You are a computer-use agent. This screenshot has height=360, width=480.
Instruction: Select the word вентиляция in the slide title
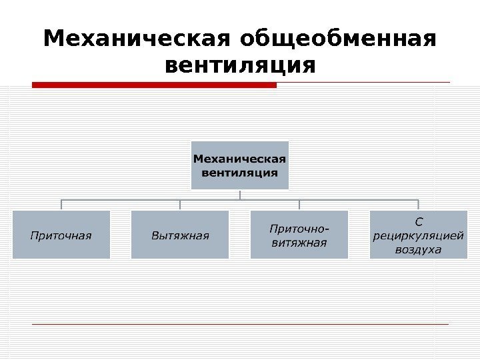[x=239, y=67]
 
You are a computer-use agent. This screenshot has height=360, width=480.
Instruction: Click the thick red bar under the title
[x=154, y=85]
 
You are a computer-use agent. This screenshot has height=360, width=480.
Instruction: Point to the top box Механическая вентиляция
[x=239, y=165]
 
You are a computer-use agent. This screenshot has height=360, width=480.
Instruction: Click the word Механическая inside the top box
[x=239, y=159]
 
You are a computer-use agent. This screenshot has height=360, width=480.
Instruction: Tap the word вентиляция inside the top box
[x=239, y=173]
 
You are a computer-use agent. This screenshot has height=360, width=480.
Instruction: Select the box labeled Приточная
[x=61, y=235]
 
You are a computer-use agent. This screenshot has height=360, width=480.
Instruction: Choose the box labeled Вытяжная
[x=180, y=235]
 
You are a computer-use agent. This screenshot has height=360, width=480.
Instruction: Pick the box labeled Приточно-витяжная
[x=299, y=235]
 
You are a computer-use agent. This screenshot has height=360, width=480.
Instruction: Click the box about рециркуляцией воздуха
[x=418, y=235]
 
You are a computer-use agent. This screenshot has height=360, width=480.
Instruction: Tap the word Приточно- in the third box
[x=299, y=228]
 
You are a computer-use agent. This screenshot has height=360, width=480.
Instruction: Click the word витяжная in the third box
[x=299, y=242]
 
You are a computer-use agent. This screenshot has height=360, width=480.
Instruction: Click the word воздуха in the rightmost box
[x=418, y=249]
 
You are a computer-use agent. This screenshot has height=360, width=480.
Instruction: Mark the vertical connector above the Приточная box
[x=61, y=205]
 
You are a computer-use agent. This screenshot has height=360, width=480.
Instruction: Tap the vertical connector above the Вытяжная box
[x=180, y=205]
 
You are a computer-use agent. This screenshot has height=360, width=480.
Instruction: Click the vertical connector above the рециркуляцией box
[x=418, y=205]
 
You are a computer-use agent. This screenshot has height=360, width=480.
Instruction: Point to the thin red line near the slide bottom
[x=240, y=324]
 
